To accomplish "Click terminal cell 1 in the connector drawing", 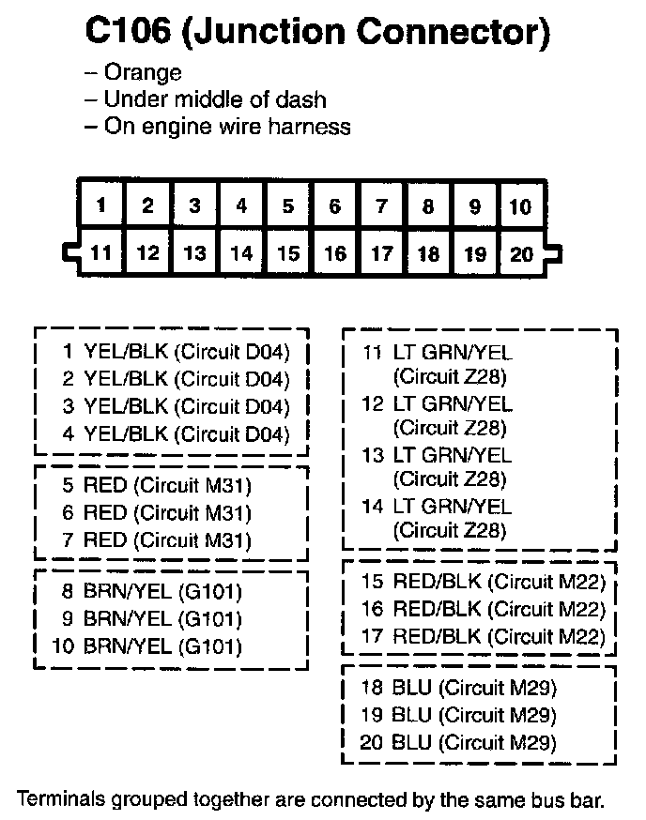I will tap(100, 205).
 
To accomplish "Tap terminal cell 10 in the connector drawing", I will tap(520, 205).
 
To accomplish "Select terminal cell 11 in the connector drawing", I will tap(100, 251).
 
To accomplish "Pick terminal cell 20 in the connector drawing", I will tap(520, 251).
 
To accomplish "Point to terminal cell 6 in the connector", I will tap(334, 205).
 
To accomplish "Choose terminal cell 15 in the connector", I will tap(288, 251).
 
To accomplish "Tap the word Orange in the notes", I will tap(143, 72).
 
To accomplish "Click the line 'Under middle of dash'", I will tap(215, 99).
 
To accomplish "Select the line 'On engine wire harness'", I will tap(227, 126).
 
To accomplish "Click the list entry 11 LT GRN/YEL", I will tap(437, 354).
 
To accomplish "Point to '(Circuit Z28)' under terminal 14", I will tap(450, 531).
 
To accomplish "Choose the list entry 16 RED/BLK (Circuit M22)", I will tap(484, 610).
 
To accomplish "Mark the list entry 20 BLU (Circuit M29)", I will tap(458, 743).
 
